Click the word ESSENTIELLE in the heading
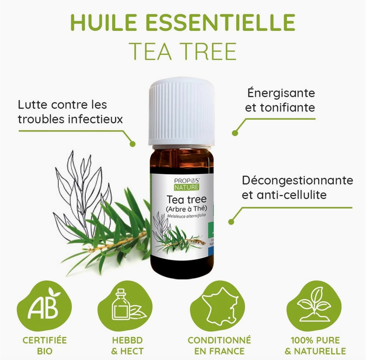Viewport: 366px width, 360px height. (x=222, y=23)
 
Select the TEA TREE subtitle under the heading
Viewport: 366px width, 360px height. (x=183, y=51)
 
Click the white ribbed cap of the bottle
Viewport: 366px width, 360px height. (x=181, y=112)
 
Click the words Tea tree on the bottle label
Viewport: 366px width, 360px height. (x=182, y=199)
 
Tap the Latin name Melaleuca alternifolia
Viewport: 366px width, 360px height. (x=181, y=216)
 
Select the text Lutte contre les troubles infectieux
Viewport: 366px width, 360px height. (x=70, y=112)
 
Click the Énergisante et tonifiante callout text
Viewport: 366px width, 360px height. (x=280, y=100)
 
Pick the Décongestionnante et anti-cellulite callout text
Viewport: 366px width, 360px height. (x=297, y=187)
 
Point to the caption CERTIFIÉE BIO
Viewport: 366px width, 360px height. (x=45, y=345)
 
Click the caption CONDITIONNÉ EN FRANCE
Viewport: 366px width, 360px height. (x=219, y=345)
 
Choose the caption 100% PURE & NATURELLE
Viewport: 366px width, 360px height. (x=315, y=345)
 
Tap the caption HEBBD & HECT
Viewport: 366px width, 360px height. (x=127, y=345)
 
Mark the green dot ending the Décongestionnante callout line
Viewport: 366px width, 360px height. (x=231, y=222)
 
